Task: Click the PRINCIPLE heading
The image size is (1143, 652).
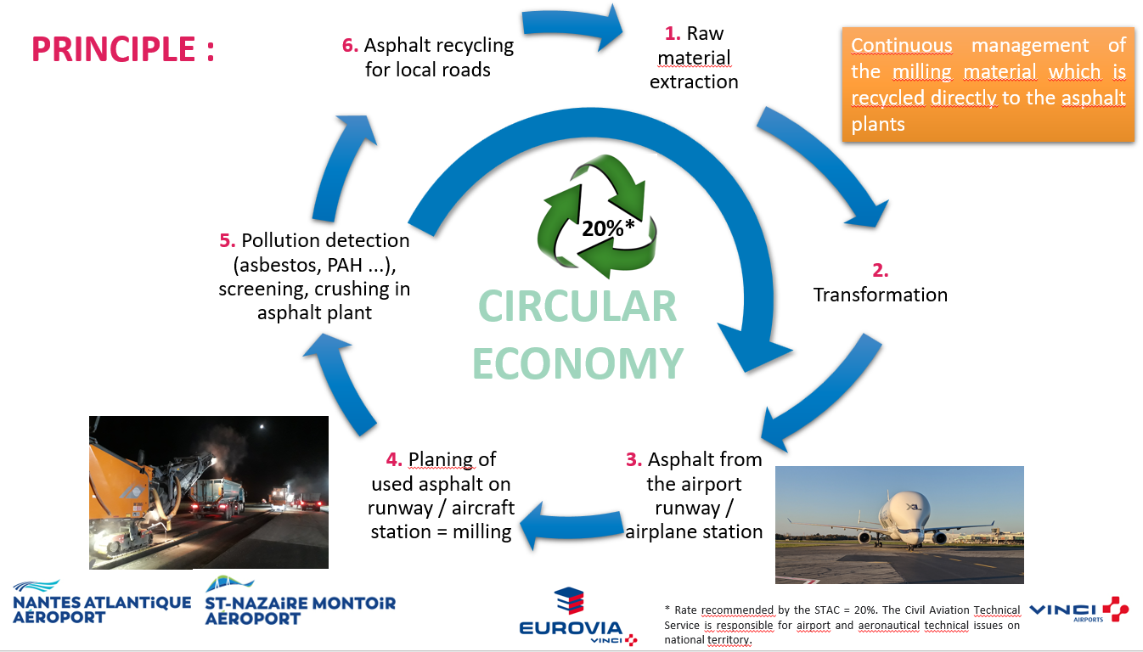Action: pyautogui.click(x=123, y=49)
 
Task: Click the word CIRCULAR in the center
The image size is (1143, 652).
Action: pyautogui.click(x=577, y=306)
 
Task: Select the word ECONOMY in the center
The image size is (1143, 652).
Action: pyautogui.click(x=577, y=363)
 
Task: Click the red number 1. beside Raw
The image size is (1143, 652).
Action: pyautogui.click(x=673, y=34)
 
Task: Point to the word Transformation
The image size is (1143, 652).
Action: pyautogui.click(x=881, y=295)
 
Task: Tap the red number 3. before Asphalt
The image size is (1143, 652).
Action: pyautogui.click(x=633, y=459)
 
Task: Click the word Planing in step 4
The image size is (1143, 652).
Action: pyautogui.click(x=441, y=459)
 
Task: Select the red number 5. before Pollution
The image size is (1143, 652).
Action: pyautogui.click(x=227, y=240)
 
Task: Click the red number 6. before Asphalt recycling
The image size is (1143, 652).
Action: pyautogui.click(x=350, y=45)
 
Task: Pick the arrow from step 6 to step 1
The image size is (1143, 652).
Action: pyautogui.click(x=571, y=25)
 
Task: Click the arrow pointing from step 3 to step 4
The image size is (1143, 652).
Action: pyautogui.click(x=571, y=526)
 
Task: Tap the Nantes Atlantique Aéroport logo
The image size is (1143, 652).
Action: pyautogui.click(x=102, y=602)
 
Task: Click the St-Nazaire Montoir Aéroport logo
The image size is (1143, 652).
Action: pyautogui.click(x=300, y=601)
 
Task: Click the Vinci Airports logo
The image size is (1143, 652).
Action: pyautogui.click(x=1078, y=610)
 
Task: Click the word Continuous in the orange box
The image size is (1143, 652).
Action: pyautogui.click(x=901, y=45)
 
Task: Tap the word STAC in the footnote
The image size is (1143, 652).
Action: pyautogui.click(x=825, y=610)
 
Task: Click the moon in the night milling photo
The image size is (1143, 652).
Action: pyautogui.click(x=262, y=426)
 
